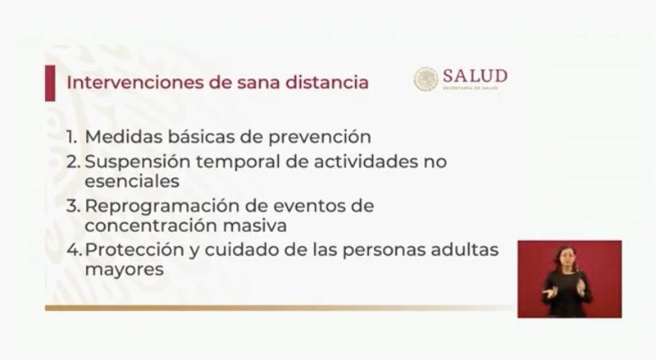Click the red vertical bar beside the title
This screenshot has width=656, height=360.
[50, 83]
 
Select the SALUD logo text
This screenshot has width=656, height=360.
[475, 76]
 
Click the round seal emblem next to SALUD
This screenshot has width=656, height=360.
[426, 79]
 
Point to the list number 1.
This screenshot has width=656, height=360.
[71, 137]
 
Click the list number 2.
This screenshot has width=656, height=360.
[73, 162]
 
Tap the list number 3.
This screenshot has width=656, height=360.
[73, 206]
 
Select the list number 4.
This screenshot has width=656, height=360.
[73, 250]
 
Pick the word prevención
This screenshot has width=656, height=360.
[319, 138]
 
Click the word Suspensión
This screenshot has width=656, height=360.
[137, 162]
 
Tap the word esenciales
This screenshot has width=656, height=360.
[132, 181]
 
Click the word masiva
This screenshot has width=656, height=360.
[254, 226]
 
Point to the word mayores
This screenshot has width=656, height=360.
[124, 270]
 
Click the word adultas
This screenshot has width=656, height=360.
[465, 249]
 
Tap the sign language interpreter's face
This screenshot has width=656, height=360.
[565, 257]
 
